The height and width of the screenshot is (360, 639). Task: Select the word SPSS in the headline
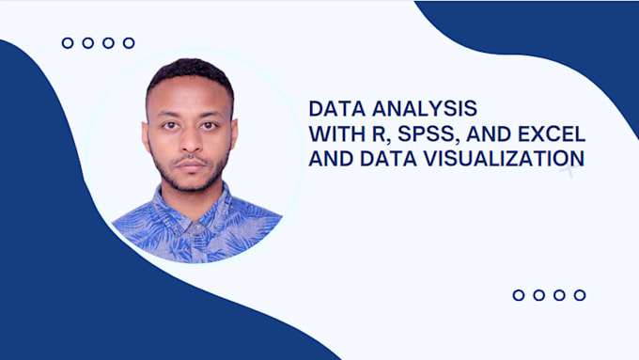[x=399, y=133]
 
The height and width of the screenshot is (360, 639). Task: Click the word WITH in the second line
[x=334, y=133]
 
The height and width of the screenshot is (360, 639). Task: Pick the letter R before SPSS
[x=366, y=133]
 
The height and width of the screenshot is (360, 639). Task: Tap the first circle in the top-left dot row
[x=68, y=42]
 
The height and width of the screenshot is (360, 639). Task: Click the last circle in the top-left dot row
[x=129, y=42]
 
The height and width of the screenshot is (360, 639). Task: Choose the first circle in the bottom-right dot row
[x=519, y=295]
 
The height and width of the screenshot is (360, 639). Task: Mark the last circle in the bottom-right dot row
[x=580, y=295]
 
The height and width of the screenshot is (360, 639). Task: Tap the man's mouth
[x=193, y=163]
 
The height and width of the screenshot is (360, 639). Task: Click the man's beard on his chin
[x=193, y=181]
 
